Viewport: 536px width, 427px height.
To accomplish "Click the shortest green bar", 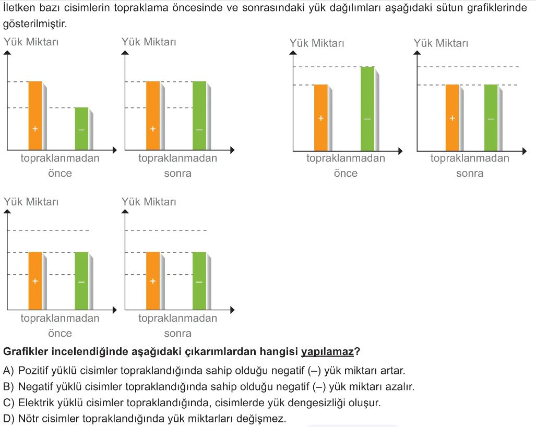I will pos(81,128).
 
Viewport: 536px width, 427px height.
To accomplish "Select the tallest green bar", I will pos(367,108).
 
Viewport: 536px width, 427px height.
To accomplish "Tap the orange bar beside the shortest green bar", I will pos(35,115).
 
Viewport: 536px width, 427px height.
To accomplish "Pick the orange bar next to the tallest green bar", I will pos(321,117).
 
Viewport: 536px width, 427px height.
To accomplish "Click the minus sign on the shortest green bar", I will pos(81,129).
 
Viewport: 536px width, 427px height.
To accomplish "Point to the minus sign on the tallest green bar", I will pos(367,119).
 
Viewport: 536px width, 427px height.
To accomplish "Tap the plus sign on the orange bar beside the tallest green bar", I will pos(321,118).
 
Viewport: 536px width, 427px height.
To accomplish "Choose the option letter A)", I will pos(8,371).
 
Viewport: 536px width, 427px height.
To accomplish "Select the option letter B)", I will pos(8,387).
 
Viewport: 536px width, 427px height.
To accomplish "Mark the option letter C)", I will pos(8,403).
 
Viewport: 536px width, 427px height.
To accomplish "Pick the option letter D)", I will pos(8,419).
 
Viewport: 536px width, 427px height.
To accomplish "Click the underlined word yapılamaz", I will pos(327,352).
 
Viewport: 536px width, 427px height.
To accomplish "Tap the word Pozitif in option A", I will pos(33,371).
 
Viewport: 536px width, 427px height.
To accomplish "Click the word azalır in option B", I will pos(400,387).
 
